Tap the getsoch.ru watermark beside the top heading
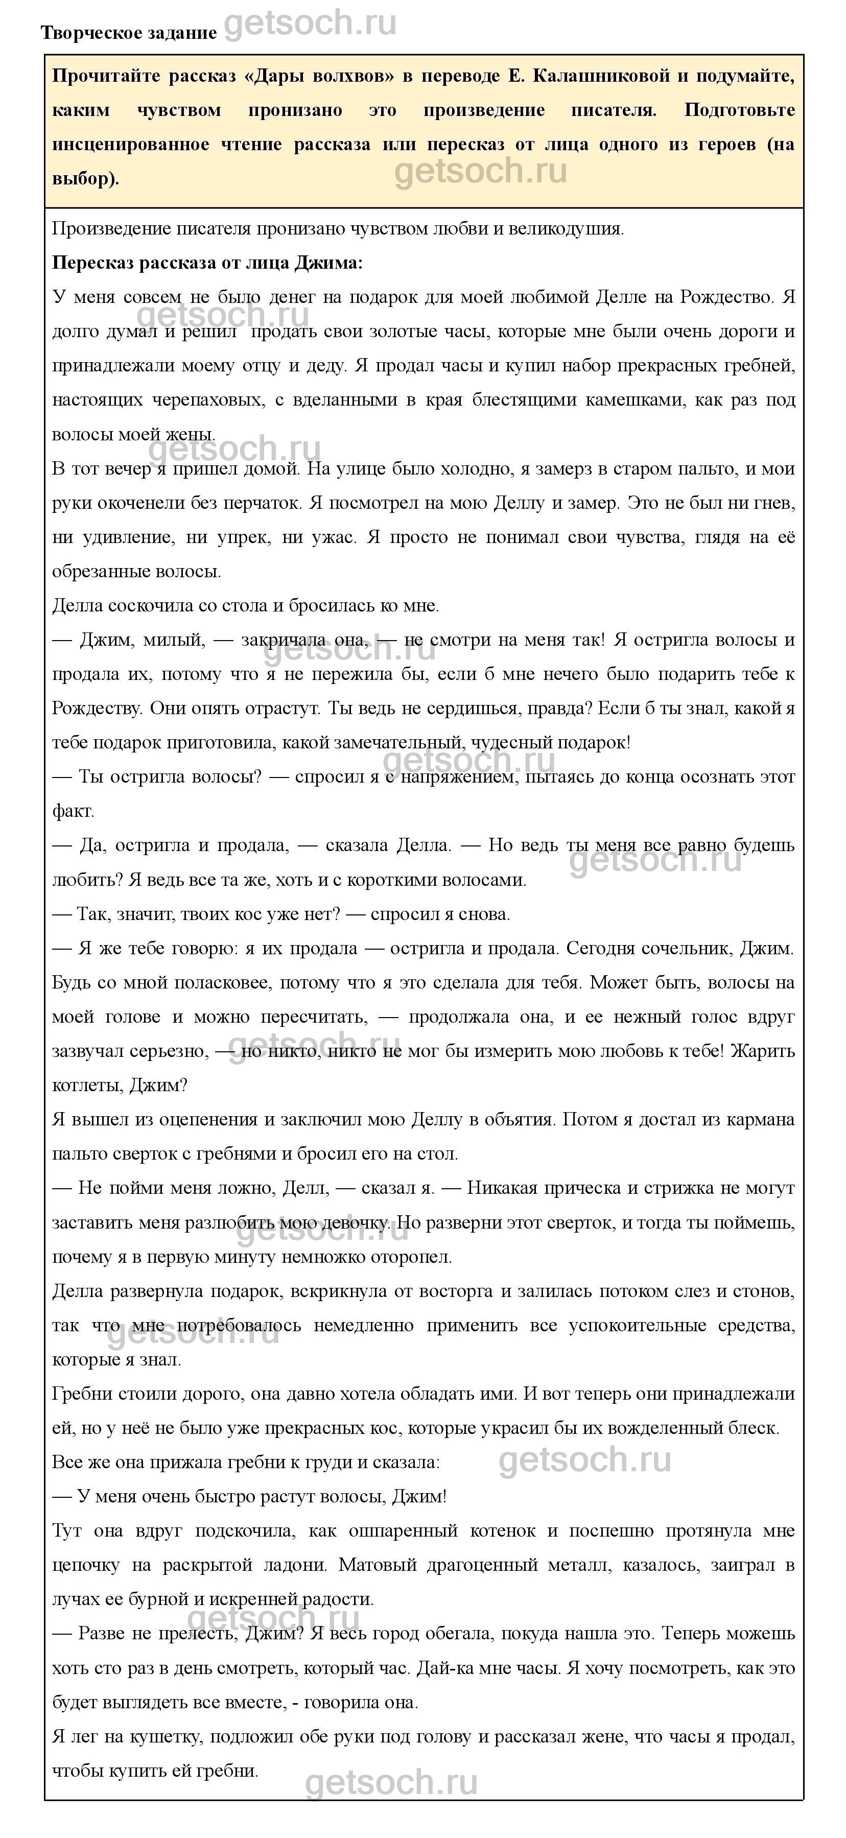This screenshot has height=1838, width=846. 310,23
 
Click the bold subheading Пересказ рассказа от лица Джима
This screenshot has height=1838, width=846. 207,263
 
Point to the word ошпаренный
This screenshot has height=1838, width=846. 403,1530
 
